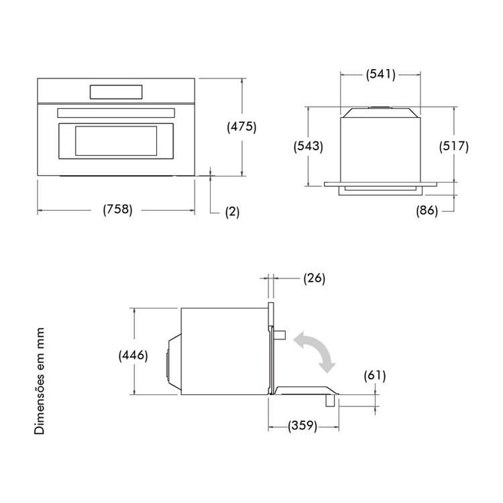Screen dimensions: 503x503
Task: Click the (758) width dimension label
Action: click(x=117, y=209)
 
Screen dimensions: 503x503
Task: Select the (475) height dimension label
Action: click(x=241, y=127)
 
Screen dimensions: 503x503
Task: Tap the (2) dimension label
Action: click(x=232, y=212)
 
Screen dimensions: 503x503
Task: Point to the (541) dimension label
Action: click(x=381, y=74)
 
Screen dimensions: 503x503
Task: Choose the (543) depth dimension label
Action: click(x=309, y=147)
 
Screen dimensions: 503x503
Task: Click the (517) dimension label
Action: click(x=453, y=146)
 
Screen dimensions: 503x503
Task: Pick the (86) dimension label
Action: click(x=427, y=211)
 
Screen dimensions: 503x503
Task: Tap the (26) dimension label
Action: click(x=315, y=278)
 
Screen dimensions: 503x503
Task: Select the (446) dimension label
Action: click(x=133, y=355)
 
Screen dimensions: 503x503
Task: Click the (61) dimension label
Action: click(x=375, y=376)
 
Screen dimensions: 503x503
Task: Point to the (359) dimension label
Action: click(x=302, y=426)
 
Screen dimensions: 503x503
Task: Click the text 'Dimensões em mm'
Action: click(x=40, y=381)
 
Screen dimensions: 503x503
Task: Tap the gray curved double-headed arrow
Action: click(x=315, y=352)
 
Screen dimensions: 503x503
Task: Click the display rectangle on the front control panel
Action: click(x=116, y=92)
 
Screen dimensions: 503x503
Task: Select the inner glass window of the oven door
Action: click(x=116, y=141)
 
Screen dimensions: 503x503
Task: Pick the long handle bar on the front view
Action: click(x=116, y=113)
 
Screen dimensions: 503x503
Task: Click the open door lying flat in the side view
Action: click(x=304, y=390)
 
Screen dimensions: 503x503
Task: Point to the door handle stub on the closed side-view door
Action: click(x=280, y=335)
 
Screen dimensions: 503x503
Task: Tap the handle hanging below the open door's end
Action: click(x=330, y=400)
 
